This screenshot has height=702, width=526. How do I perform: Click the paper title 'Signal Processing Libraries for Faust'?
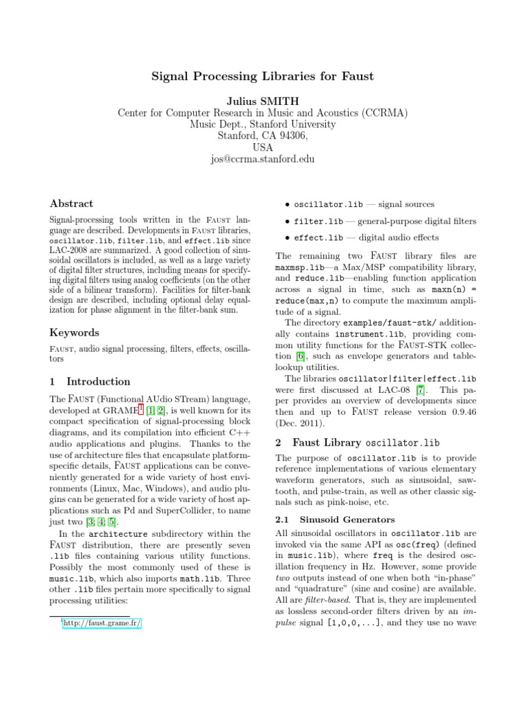pyautogui.click(x=262, y=76)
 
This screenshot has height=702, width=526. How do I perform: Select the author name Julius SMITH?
pyautogui.click(x=262, y=101)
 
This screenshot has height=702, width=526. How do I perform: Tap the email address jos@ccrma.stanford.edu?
pyautogui.click(x=262, y=159)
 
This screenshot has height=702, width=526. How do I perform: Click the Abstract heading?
pyautogui.click(x=72, y=204)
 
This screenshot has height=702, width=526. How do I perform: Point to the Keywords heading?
pyautogui.click(x=75, y=332)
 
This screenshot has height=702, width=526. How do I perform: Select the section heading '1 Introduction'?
pyautogui.click(x=90, y=381)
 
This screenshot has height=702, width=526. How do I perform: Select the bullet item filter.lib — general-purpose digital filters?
pyautogui.click(x=385, y=221)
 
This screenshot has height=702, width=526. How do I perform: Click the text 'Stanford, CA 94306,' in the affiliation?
pyautogui.click(x=262, y=136)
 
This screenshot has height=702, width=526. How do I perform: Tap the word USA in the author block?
pyautogui.click(x=262, y=147)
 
